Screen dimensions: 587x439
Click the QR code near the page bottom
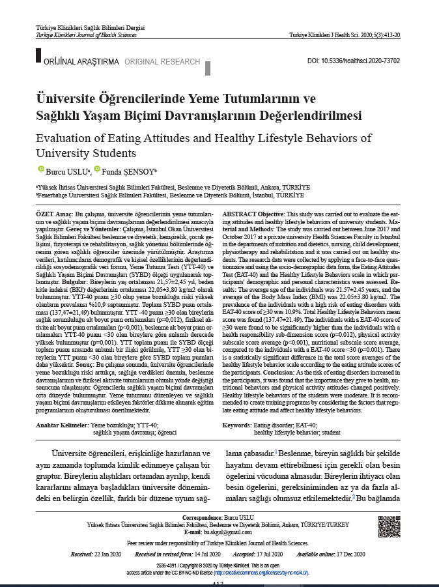click(389, 524)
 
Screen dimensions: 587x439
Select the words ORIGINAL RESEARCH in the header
click(162, 62)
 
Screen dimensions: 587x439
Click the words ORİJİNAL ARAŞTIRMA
click(81, 62)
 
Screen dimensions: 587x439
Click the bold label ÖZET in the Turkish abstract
click(46, 214)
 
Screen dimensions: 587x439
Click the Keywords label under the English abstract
click(237, 425)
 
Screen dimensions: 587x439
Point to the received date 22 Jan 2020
click(109, 554)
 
